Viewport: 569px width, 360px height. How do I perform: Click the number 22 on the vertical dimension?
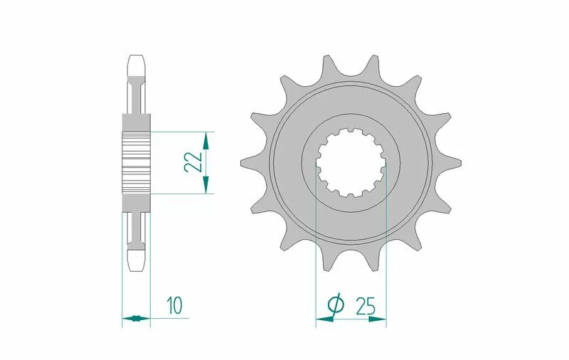[193, 162]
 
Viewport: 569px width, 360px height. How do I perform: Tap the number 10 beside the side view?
[174, 305]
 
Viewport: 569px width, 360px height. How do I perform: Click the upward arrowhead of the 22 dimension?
[206, 141]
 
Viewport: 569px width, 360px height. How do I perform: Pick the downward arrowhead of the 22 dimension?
[206, 184]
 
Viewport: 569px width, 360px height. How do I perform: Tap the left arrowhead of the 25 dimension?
[325, 319]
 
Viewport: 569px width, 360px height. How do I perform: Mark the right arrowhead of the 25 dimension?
[378, 319]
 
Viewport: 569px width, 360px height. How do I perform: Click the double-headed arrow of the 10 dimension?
[136, 319]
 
